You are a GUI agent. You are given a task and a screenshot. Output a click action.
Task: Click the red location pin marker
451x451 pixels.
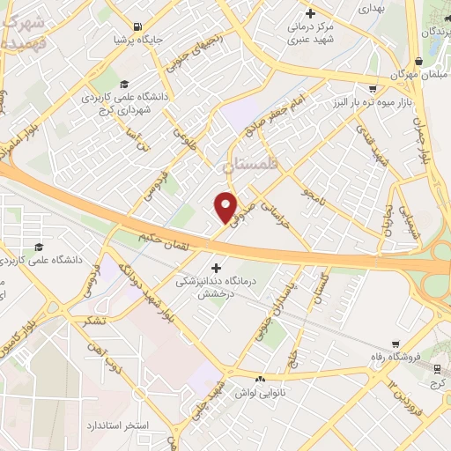(x=226, y=207)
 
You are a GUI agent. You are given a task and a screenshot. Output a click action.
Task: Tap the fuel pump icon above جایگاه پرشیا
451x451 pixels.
(x=137, y=27)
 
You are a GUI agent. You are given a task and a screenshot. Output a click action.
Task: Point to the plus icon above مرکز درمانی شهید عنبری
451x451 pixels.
(x=310, y=14)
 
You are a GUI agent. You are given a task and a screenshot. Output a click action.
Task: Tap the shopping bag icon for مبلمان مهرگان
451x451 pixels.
(x=419, y=62)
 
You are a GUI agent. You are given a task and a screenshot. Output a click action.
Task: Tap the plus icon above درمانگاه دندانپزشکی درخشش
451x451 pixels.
(x=216, y=266)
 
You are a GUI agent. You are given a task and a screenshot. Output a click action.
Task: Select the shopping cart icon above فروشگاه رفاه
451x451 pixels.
(x=396, y=344)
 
